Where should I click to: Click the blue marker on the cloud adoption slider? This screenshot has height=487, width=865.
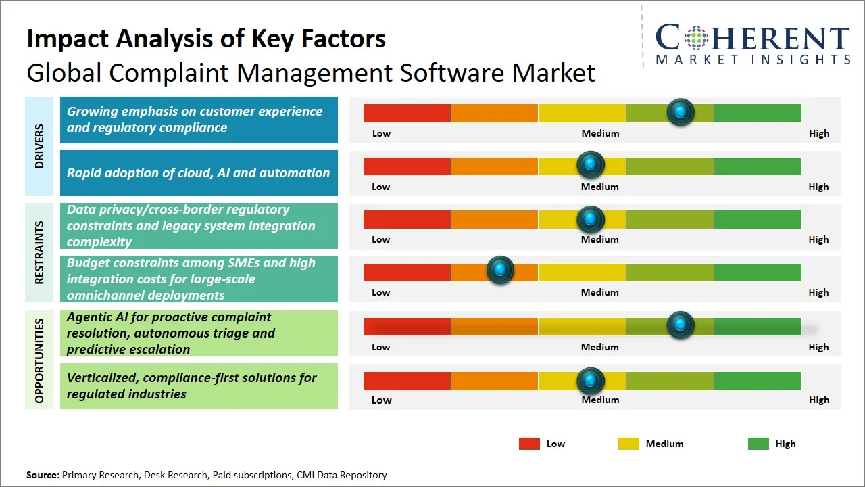click(591, 164)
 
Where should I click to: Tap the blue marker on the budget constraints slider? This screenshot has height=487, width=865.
click(500, 271)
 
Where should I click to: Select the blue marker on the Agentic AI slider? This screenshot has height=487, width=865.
click(680, 325)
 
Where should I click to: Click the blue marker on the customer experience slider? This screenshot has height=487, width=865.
click(680, 112)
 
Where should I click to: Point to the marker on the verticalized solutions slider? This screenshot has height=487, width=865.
click(591, 381)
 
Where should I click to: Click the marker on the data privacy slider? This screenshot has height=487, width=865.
click(591, 218)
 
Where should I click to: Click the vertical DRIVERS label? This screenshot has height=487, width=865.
click(39, 146)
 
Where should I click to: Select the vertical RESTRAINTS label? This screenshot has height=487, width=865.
click(39, 252)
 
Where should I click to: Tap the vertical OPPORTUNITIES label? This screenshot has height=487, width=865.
click(39, 361)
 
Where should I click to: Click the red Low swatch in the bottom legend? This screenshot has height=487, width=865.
click(529, 444)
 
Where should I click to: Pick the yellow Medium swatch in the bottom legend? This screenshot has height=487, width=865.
click(628, 444)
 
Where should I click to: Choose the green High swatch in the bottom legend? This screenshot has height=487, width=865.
click(758, 444)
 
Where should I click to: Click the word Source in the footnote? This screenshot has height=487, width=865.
click(43, 475)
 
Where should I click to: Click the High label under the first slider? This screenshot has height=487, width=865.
click(818, 133)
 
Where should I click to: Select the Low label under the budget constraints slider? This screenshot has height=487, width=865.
click(380, 292)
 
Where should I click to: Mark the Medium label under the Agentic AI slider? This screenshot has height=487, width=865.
click(599, 347)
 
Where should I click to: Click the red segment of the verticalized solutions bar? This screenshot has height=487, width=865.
click(407, 381)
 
